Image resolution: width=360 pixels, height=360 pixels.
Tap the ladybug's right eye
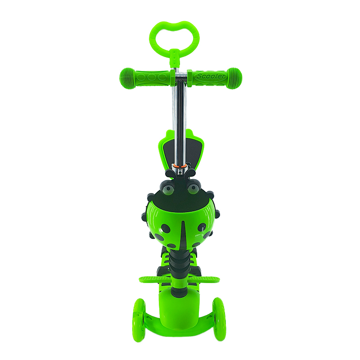193,188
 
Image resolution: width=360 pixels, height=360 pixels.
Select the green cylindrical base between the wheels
180,310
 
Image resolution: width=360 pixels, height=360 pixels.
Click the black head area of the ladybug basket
180,193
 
